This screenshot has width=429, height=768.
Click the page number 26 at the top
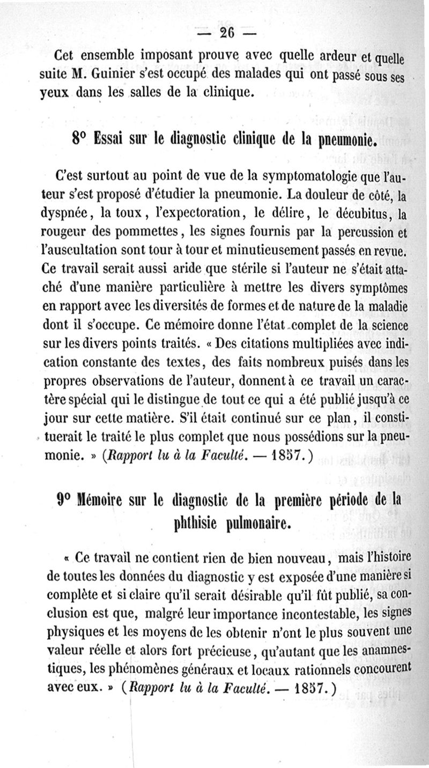tap(227, 33)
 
